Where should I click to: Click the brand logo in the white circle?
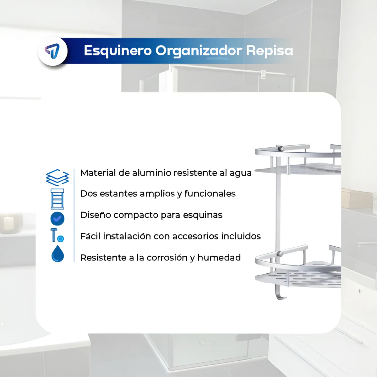52,51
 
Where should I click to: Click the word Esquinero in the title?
117,51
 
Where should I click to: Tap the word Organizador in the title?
199,51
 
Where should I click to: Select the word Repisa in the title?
269,51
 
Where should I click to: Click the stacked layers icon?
57,177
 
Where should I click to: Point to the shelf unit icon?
57,199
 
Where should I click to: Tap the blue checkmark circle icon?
57,219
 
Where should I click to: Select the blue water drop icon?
57,254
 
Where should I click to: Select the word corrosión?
167,258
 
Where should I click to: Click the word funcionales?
210,194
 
